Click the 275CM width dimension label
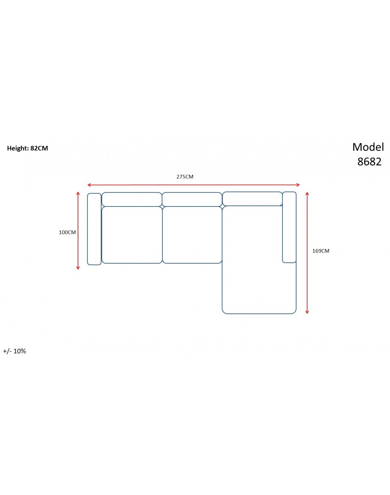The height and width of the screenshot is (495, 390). (185, 177)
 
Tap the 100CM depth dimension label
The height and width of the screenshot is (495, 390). (67, 232)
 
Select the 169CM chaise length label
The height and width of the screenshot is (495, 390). (321, 251)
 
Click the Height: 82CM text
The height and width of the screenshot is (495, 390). (27, 148)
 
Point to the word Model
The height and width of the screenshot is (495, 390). (368, 147)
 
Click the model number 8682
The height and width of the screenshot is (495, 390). (369, 162)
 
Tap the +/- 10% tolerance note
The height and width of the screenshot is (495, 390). (15, 351)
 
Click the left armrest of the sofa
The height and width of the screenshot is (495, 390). (94, 229)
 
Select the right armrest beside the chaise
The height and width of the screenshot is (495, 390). (289, 227)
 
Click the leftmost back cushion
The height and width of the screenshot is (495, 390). (132, 199)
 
